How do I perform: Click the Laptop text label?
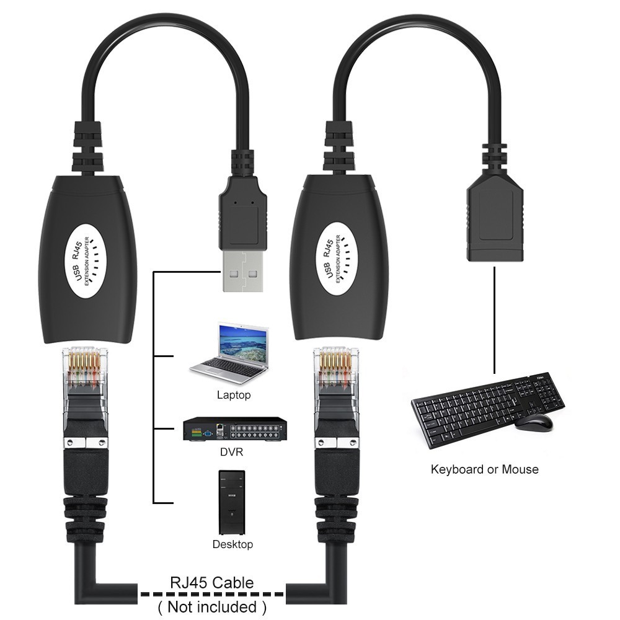point(234,395)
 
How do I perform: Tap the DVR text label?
point(232,452)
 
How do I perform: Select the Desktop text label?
point(232,544)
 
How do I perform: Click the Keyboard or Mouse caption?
point(484,469)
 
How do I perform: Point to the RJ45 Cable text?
point(212,583)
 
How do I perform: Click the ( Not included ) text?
point(212,606)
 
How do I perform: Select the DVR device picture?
point(236,430)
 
